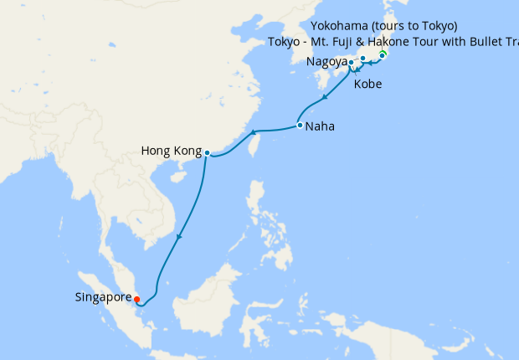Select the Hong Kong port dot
pyautogui.click(x=207, y=153)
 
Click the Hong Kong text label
pyautogui.click(x=172, y=152)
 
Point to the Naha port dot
pyautogui.click(x=299, y=126)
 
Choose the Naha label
pyautogui.click(x=322, y=127)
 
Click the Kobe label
pyautogui.click(x=370, y=85)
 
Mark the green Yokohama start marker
pyautogui.click(x=383, y=55)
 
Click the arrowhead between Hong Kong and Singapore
pyautogui.click(x=177, y=237)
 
